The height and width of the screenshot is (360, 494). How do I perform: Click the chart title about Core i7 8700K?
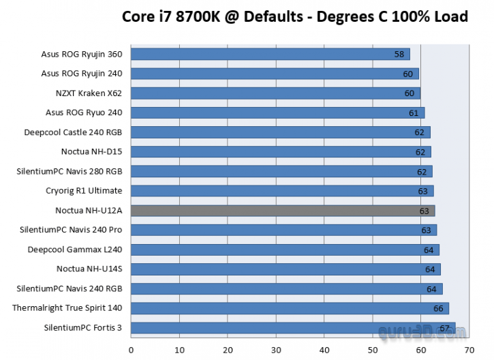294,16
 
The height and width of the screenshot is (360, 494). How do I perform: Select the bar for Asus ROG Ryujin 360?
269,54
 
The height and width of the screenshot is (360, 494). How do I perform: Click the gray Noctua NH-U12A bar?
282,211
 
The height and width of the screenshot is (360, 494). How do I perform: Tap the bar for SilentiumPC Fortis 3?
292,328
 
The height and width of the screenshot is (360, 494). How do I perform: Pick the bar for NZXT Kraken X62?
275,93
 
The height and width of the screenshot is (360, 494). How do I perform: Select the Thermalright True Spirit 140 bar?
290,308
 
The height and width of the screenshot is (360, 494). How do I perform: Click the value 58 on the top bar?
399,54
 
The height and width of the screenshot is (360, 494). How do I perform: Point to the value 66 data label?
438,309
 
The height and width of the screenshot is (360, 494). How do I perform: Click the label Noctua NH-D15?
92,151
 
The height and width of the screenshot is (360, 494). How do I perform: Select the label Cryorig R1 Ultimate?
84,191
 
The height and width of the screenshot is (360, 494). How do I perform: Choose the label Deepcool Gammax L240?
75,250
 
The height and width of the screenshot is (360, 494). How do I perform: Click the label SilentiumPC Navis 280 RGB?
70,171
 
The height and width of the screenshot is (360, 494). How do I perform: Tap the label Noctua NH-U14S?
89,269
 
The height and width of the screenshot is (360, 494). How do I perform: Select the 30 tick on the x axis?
275,350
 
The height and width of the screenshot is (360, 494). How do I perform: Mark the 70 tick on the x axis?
469,350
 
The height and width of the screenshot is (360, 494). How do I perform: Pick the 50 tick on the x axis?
372,350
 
